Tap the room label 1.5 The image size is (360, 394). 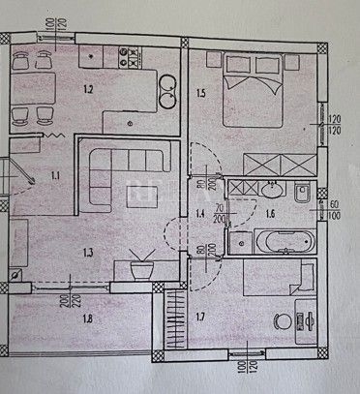click(200, 94)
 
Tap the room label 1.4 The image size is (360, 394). click(200, 212)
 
